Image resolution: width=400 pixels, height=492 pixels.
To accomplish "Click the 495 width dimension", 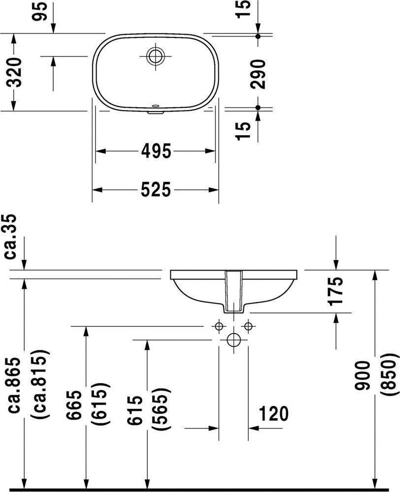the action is click(x=156, y=151).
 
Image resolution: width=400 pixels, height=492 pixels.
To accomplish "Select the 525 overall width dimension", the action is click(x=156, y=190).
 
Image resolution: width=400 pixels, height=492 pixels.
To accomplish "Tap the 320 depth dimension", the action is click(x=14, y=72).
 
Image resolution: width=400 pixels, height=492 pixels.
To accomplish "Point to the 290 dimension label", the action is click(x=258, y=74).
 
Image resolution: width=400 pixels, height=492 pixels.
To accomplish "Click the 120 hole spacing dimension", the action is click(x=274, y=414).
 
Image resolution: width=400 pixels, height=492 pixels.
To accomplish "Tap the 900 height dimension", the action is click(x=362, y=376).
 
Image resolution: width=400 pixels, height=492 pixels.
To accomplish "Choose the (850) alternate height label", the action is click(x=387, y=374).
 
